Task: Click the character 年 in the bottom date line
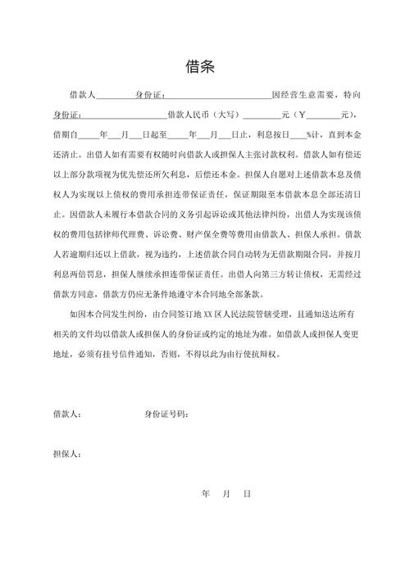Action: click(205, 494)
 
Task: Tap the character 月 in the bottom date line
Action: click(225, 494)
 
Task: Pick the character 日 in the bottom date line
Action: click(246, 494)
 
